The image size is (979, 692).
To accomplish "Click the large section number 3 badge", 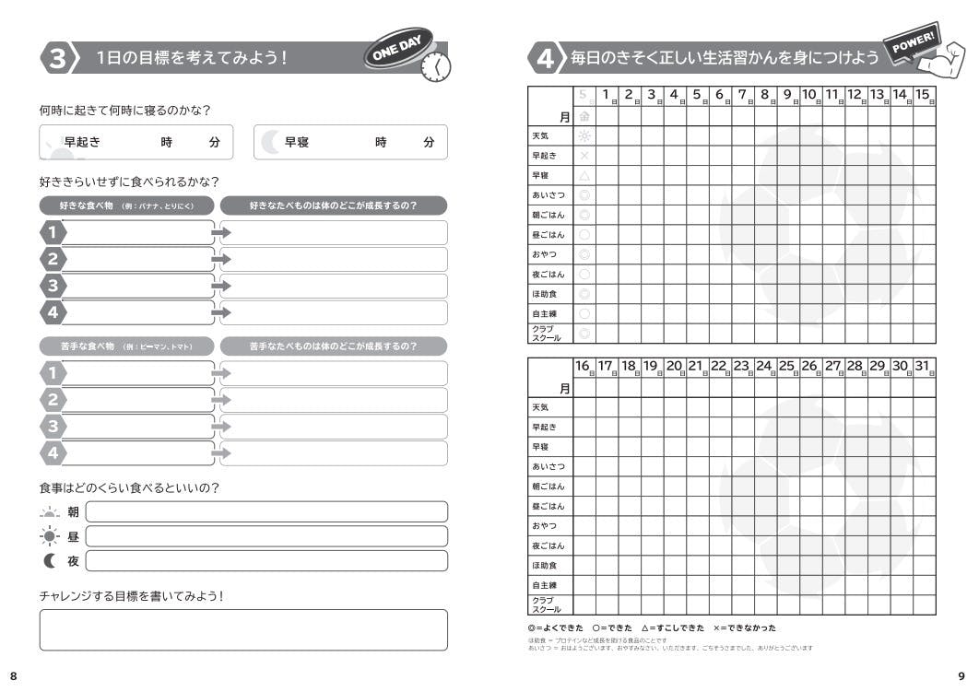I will point(57,58).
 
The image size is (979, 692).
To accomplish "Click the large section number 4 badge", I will point(545,58).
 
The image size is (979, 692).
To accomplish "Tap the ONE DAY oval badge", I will point(397,51).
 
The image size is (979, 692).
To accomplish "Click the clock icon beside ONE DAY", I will point(435,67).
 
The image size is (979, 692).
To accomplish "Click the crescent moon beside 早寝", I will point(269,142).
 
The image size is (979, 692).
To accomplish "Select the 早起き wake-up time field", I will point(136,142).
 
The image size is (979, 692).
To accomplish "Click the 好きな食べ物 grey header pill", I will point(127,205).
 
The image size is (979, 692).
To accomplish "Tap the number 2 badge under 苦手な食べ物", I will point(53,399).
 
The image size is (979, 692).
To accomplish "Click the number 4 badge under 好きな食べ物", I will point(53,312).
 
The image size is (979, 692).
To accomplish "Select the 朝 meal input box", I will point(265,511).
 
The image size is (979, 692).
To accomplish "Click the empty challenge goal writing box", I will point(243,629).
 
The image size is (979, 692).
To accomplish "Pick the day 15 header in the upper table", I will point(923,95).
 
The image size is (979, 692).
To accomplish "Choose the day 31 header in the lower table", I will point(923,367).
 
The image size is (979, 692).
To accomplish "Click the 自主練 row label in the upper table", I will point(544,313).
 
